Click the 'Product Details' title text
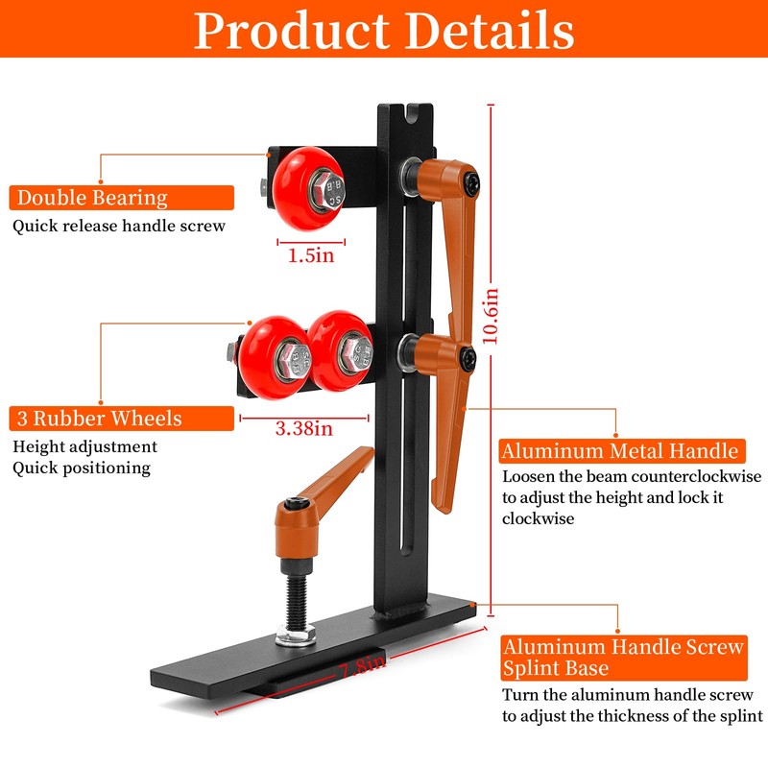pos(384,31)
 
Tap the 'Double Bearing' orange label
pos(122,198)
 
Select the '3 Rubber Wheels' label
pos(122,419)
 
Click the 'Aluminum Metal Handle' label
pos(622,451)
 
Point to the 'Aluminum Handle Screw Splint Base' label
pos(624,658)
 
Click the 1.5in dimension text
pos(311,255)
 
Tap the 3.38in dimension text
pos(303,428)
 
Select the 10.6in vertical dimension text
pos(491,316)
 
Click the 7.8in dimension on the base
pos(363,666)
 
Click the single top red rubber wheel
pos(308,188)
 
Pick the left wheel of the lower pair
pos(275,357)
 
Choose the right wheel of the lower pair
pos(340,350)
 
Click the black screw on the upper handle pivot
pos(470,184)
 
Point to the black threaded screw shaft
pos(297,601)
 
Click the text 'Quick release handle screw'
pos(119,226)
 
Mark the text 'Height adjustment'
pos(84,447)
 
